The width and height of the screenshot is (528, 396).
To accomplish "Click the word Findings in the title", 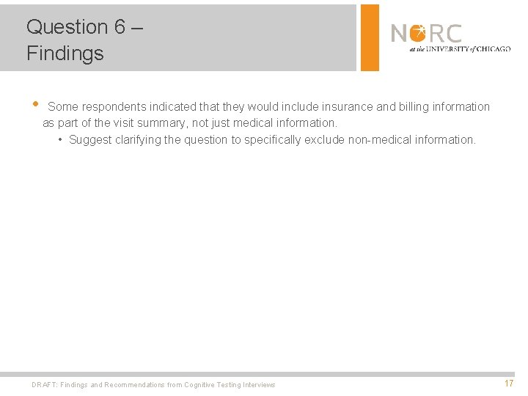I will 65,54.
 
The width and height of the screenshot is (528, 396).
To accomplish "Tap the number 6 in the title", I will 120,27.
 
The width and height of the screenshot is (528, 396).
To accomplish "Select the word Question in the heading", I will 67,27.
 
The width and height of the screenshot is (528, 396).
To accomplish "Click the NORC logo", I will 449,37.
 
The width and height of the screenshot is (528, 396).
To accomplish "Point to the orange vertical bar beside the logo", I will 370,37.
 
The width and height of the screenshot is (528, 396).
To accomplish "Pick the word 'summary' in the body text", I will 165,123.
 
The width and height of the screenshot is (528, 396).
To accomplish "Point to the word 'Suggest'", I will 91,139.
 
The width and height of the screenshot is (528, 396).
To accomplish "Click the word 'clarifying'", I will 139,139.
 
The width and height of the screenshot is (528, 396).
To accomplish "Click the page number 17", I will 509,384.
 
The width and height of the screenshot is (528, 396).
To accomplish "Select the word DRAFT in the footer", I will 44,385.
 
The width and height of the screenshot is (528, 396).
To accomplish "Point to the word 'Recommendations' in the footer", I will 136,385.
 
